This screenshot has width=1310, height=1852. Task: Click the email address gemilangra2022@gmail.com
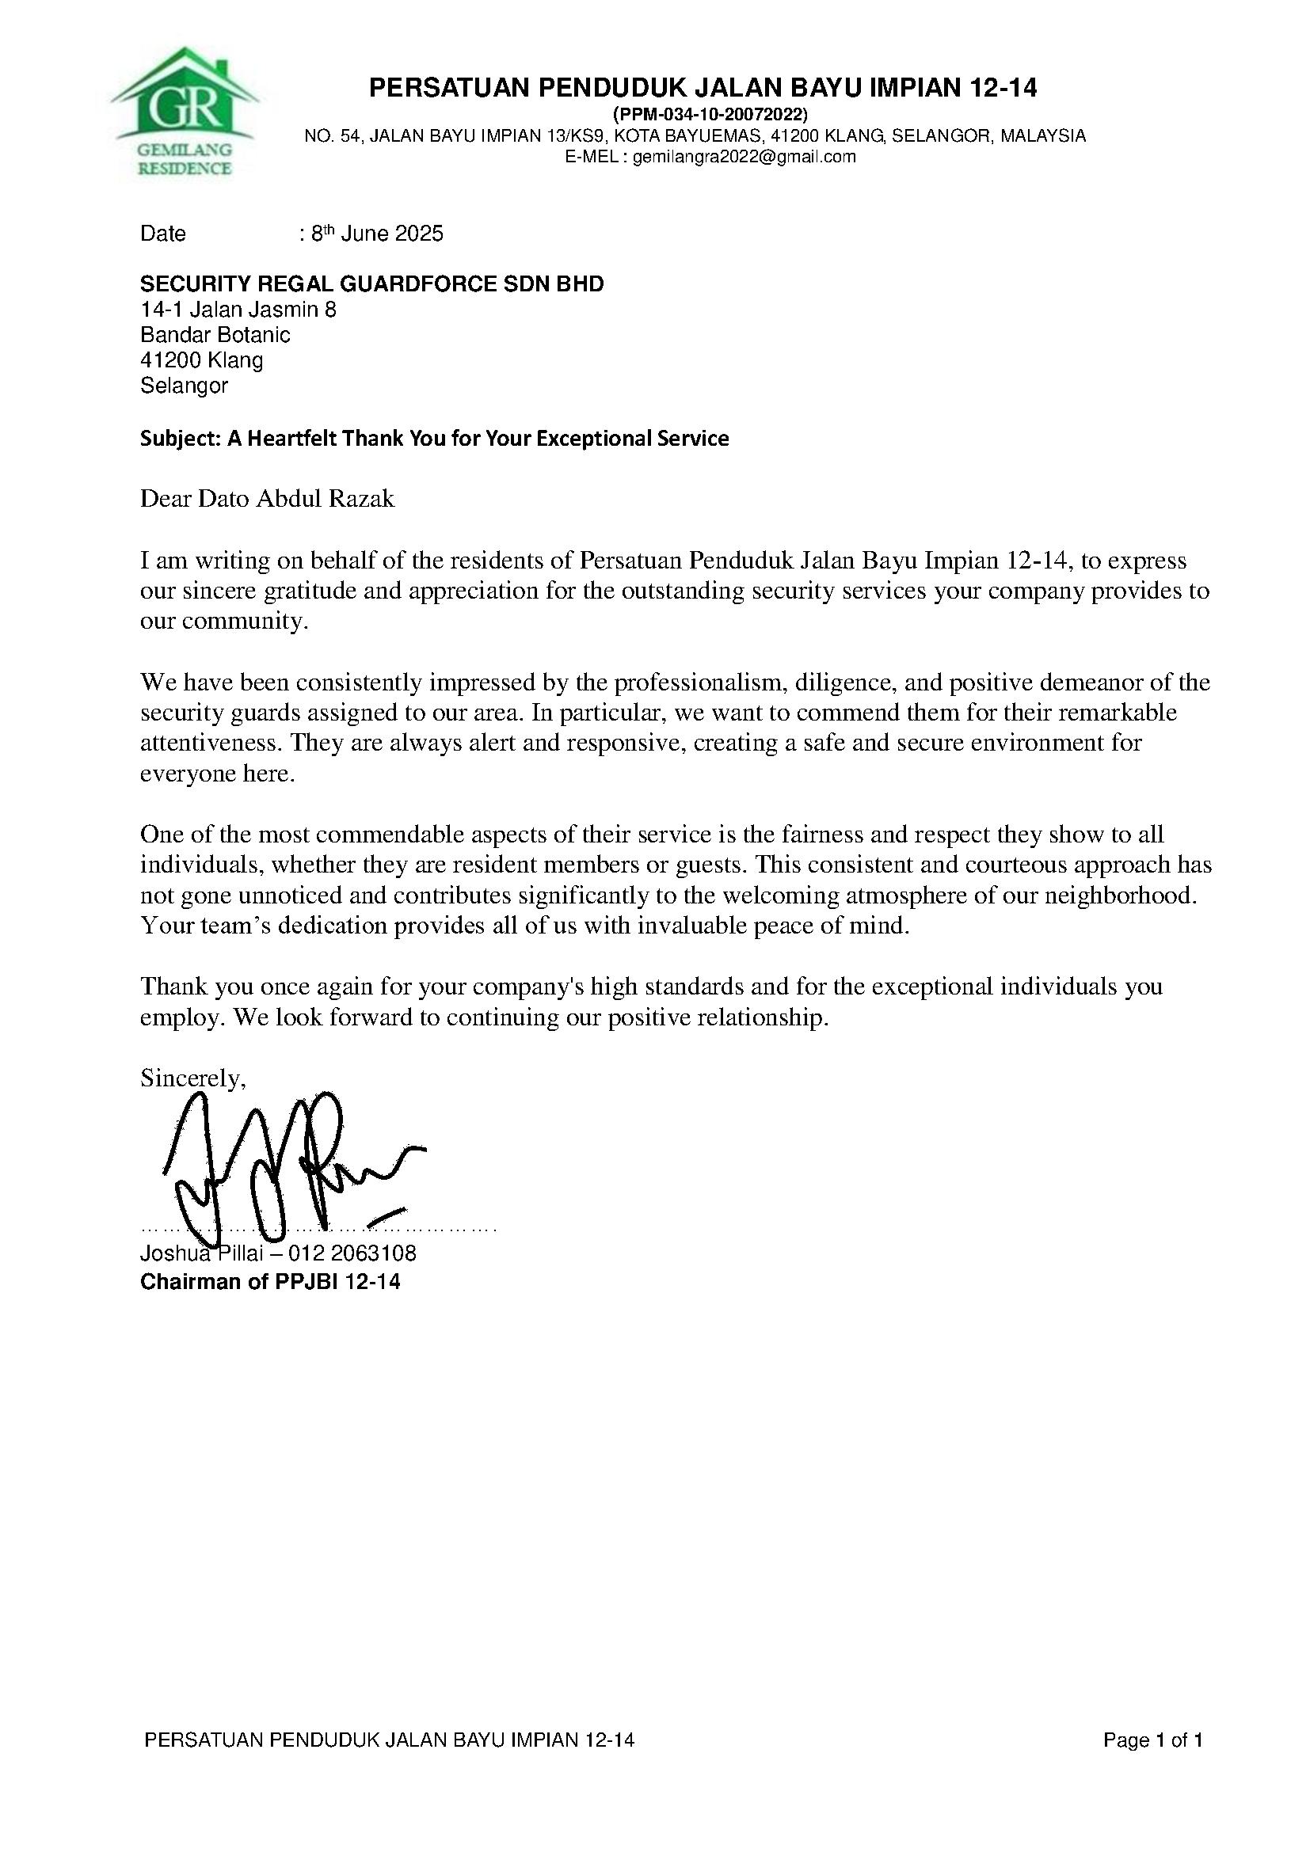click(x=743, y=158)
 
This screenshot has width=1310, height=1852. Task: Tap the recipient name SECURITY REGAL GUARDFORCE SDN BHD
click(x=372, y=284)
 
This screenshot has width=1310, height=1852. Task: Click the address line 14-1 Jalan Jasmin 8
click(x=238, y=310)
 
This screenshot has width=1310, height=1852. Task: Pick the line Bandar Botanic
click(x=215, y=335)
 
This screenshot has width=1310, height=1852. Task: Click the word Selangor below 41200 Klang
click(x=184, y=386)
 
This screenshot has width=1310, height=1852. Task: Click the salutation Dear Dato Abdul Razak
click(x=267, y=499)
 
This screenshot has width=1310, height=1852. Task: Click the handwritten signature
click(x=291, y=1166)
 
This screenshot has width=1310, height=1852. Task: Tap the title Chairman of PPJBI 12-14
click(x=270, y=1282)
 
